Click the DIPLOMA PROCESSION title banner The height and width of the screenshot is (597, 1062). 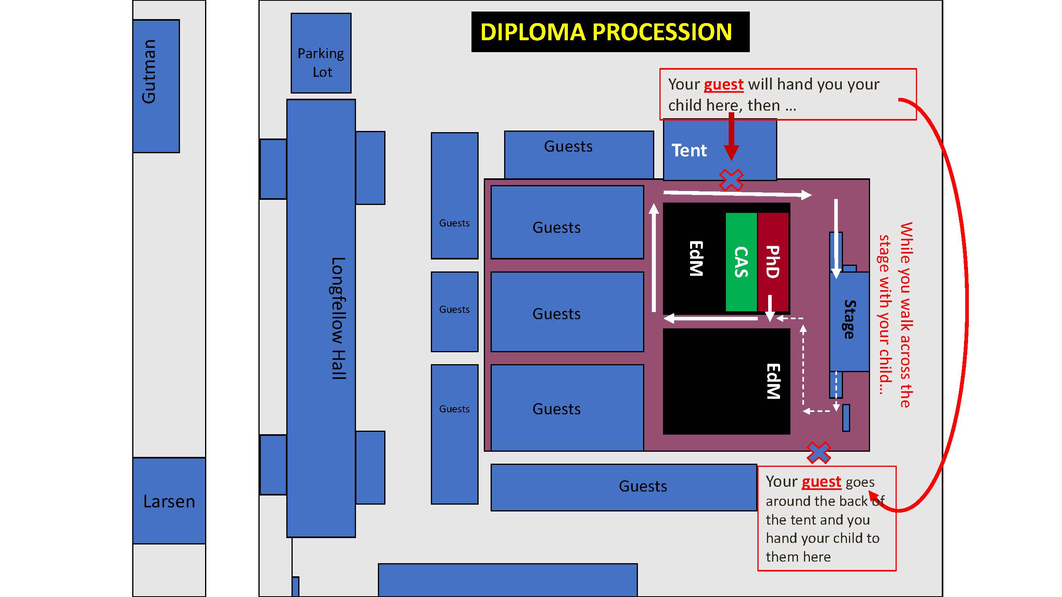click(610, 32)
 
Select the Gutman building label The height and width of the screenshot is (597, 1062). click(149, 71)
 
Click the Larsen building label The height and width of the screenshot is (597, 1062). click(169, 501)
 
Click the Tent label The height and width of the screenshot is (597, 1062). click(689, 150)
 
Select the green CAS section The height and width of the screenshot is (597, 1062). click(741, 262)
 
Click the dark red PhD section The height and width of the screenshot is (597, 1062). click(773, 262)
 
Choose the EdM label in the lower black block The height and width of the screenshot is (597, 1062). click(773, 381)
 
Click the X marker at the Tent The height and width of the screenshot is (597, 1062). click(731, 180)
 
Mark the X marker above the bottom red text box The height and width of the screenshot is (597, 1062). click(819, 453)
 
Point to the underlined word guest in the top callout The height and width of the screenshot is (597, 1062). click(724, 84)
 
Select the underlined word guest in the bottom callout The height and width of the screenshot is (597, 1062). click(821, 482)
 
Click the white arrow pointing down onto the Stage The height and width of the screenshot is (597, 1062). click(836, 239)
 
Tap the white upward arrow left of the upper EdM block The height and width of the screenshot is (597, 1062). click(654, 258)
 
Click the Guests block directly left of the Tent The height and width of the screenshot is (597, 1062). click(579, 155)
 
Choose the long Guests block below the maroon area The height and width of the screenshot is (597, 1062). click(624, 488)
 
